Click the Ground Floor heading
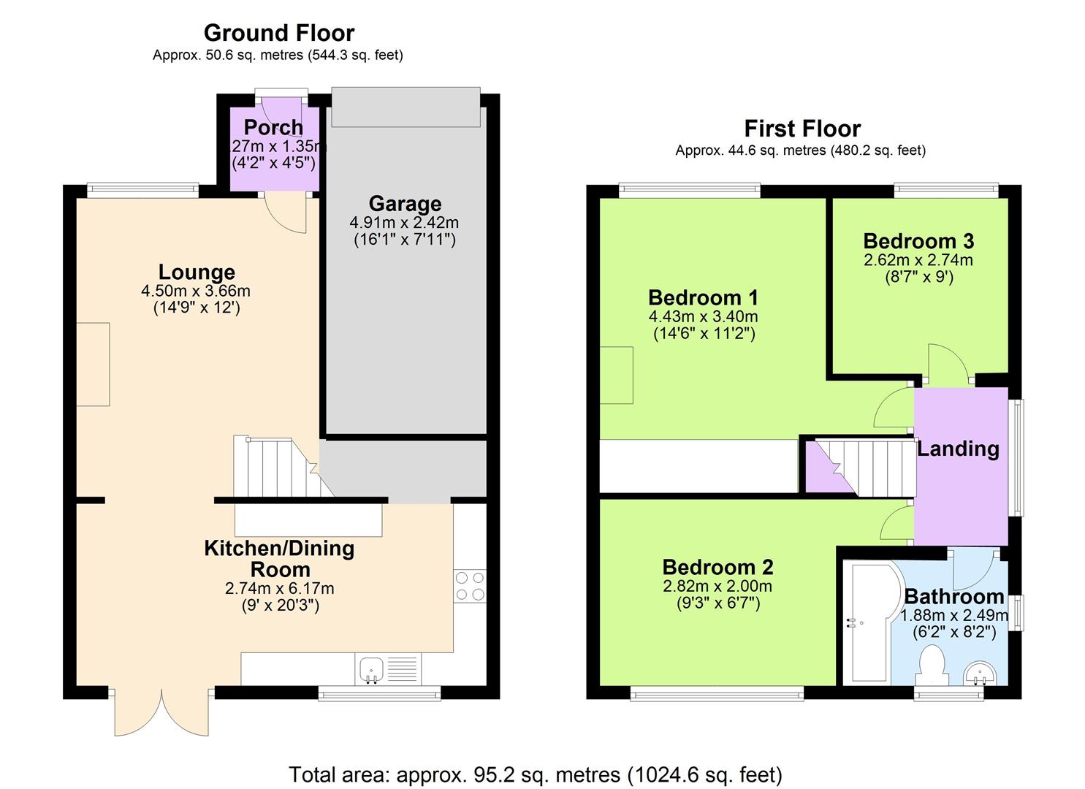279,34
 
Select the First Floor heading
803,129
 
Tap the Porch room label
274,127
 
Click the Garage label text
405,204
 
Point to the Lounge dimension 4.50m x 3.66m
196,291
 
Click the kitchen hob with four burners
470,586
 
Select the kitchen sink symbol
371,669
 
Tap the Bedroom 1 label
704,297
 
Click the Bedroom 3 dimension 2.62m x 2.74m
918,260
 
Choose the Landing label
958,449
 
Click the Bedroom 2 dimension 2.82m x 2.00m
717,587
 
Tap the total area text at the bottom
536,775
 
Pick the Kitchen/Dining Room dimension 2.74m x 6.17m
280,589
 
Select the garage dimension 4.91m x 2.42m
404,223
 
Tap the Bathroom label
954,597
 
